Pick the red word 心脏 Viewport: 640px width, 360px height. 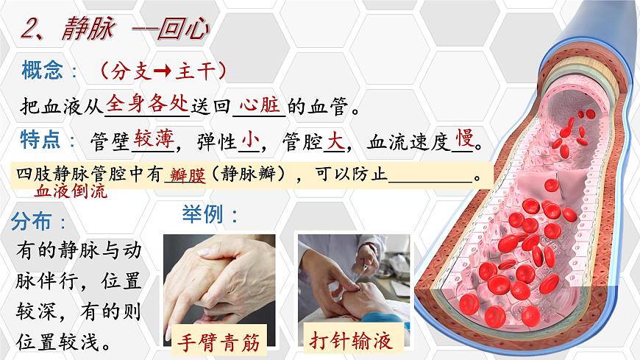click(261, 105)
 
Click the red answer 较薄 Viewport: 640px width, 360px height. click(152, 138)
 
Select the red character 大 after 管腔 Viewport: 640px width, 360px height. click(335, 139)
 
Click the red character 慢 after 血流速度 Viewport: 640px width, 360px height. click(463, 138)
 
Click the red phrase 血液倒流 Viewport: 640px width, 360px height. click(71, 192)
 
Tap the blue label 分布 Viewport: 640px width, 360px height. click(41, 222)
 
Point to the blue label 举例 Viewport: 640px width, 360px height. click(209, 216)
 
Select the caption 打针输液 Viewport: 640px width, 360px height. click(346, 342)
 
